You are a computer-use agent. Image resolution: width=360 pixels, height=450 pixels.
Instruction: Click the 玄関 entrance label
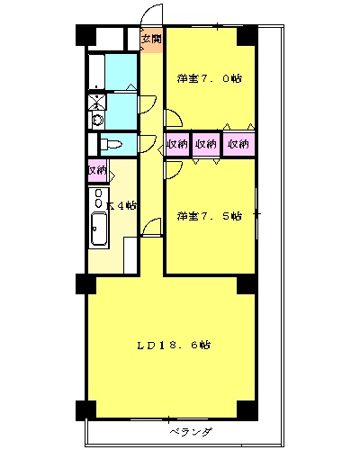pyautogui.click(x=151, y=40)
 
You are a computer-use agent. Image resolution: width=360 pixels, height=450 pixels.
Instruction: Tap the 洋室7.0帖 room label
pyautogui.click(x=209, y=78)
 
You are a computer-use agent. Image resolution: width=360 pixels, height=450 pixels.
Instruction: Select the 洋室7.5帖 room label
pyautogui.click(x=209, y=216)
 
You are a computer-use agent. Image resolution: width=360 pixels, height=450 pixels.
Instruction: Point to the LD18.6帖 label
pyautogui.click(x=174, y=345)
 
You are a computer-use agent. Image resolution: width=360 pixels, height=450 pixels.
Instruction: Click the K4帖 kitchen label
pyautogui.click(x=121, y=205)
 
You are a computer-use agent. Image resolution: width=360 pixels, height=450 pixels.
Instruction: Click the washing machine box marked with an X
pyautogui.click(x=96, y=101)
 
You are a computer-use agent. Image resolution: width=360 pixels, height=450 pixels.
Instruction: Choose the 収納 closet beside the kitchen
pyautogui.click(x=97, y=169)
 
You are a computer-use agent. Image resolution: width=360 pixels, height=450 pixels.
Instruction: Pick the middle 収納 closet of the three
pyautogui.click(x=207, y=144)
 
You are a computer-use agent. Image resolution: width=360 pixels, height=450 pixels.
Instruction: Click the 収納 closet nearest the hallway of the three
pyautogui.click(x=177, y=144)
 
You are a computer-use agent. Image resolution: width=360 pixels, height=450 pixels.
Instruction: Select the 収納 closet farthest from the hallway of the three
pyautogui.click(x=238, y=144)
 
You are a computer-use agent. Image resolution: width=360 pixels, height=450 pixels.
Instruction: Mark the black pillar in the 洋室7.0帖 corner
pyautogui.click(x=246, y=36)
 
